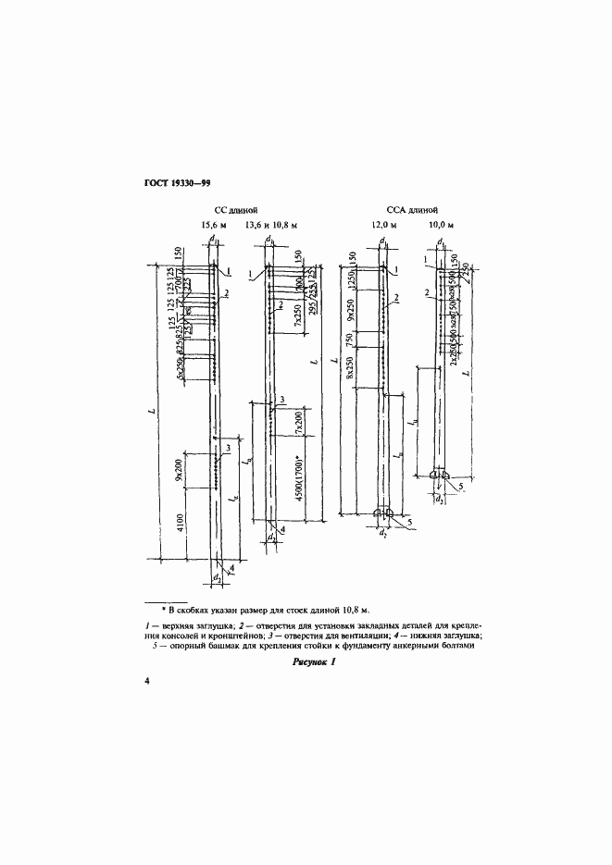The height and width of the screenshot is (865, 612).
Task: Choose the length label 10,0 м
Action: (x=443, y=225)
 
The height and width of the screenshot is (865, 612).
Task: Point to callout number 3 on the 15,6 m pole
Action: (x=228, y=449)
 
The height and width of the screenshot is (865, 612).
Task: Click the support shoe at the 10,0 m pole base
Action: (x=441, y=475)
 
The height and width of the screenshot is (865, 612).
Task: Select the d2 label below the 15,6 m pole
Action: (x=215, y=579)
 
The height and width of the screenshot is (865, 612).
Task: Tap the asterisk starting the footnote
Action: (x=162, y=612)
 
